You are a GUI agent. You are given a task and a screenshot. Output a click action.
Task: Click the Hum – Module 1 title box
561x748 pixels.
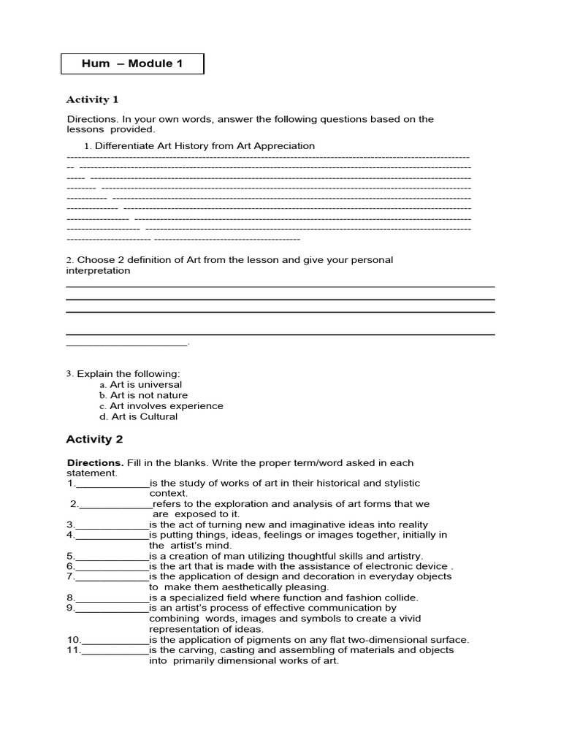(132, 64)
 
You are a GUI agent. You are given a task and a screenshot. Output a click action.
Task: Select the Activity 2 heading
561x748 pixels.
(94, 439)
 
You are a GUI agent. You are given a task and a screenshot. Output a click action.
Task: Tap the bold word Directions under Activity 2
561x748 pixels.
(95, 462)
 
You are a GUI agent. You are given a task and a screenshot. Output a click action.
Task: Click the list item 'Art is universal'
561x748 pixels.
(145, 384)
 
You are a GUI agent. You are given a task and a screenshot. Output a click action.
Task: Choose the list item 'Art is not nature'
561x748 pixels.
(148, 395)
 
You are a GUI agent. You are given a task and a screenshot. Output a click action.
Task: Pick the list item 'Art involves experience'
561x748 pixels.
(166, 406)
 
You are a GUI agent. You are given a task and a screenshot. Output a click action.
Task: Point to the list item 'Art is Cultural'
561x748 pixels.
(144, 416)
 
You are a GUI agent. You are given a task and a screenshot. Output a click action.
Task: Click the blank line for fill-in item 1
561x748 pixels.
(112, 484)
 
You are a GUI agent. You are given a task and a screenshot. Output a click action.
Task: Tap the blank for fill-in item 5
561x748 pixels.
(112, 557)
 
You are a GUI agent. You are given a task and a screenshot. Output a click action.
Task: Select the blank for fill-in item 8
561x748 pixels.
(112, 598)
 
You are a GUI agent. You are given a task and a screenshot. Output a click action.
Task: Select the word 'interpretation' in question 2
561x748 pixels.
(98, 271)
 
